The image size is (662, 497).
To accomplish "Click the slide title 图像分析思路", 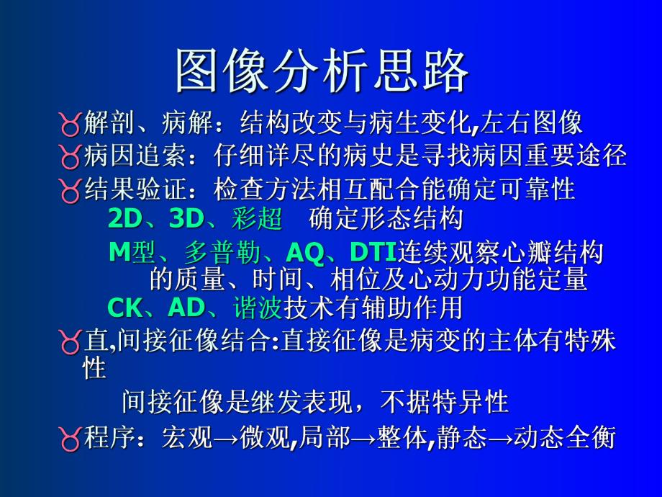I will point(322,72).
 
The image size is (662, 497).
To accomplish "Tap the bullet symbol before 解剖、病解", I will point(71,125).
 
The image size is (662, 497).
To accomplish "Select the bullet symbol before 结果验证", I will point(71,190).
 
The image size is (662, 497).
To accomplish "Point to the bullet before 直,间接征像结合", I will point(71,342).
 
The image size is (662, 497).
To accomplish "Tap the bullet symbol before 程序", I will point(71,439).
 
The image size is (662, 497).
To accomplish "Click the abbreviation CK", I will point(124,308).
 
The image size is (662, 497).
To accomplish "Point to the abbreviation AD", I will point(186,308).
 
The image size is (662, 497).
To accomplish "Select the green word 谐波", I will point(256,308).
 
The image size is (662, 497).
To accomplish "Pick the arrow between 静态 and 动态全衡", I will point(501,439).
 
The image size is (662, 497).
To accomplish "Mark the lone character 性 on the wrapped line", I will point(95,369).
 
